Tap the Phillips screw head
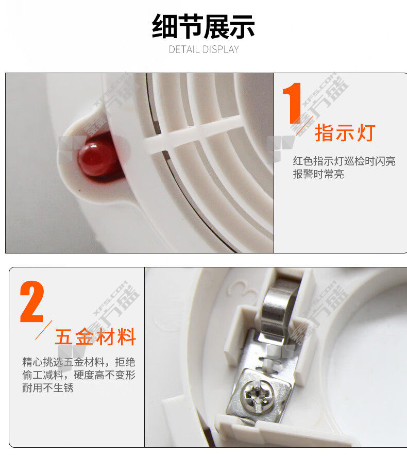coord(259,396)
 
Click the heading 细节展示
coord(203,26)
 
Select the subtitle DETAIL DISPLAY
coord(203,49)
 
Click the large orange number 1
coord(292,103)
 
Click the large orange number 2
coord(32,301)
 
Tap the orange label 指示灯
coord(345,133)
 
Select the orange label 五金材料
coord(95,336)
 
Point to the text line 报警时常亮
coord(318,174)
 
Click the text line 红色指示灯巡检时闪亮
coord(344,161)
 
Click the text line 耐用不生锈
coord(48,388)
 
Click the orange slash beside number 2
coord(44,330)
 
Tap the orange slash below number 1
coord(304,126)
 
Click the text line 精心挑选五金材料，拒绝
coord(79,362)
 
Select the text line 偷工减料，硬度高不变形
coord(79,375)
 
